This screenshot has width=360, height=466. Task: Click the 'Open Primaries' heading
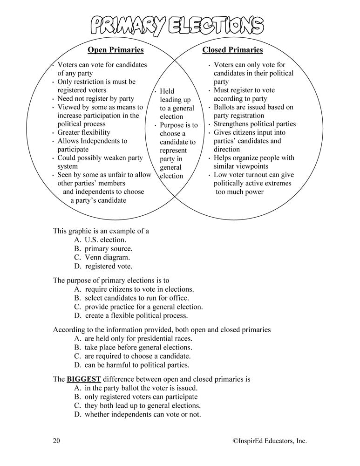116,50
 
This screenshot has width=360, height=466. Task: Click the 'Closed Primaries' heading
233,50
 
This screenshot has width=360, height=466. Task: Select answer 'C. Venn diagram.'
102,257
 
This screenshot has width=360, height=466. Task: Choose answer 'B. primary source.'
103,248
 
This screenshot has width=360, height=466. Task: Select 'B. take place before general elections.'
133,347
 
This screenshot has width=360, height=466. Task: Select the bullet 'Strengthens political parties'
255,124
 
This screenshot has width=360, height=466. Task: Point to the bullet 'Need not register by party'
95,99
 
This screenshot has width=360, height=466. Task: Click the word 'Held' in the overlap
167,91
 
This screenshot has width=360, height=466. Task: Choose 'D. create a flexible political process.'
130,315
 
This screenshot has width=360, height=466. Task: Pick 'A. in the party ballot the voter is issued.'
135,388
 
